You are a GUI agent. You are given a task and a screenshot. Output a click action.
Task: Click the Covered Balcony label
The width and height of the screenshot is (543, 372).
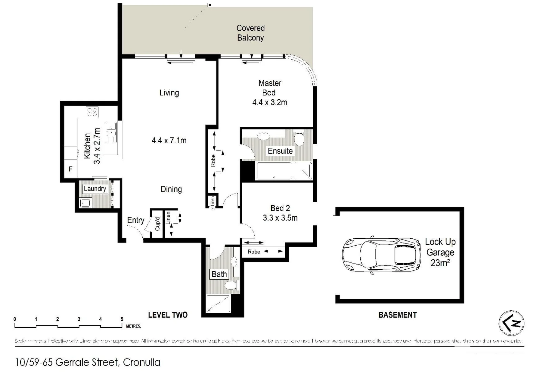tap(251, 33)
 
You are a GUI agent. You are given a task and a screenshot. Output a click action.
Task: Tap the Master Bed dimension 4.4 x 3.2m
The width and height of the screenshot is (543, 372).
tap(270, 102)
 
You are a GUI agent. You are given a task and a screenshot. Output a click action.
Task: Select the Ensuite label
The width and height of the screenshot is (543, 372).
tap(280, 151)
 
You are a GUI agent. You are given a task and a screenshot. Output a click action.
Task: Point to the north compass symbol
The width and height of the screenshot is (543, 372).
tap(511, 323)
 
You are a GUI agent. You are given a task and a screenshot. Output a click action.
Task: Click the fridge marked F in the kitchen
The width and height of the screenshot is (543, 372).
tap(71, 169)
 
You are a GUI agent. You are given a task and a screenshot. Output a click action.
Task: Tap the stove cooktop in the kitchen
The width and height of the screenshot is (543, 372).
tap(92, 112)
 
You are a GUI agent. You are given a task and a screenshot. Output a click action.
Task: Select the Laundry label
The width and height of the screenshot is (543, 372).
tap(95, 189)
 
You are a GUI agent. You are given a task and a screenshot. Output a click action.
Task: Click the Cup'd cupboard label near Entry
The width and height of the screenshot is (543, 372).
tap(158, 224)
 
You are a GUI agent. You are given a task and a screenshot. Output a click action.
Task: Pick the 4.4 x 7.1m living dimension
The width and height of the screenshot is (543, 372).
tap(169, 141)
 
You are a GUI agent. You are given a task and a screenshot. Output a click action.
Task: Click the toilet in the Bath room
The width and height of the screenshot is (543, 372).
tap(230, 285)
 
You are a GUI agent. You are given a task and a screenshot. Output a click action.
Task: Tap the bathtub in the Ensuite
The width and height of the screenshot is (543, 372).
tap(283, 171)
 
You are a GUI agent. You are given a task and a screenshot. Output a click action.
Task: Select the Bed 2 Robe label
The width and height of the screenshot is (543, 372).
tap(254, 252)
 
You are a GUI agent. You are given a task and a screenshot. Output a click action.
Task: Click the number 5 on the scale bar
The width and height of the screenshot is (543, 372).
tap(122, 319)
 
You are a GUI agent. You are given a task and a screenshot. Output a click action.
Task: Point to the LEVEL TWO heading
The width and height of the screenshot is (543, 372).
tap(168, 315)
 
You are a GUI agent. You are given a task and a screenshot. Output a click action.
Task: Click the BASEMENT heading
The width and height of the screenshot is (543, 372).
tap(398, 315)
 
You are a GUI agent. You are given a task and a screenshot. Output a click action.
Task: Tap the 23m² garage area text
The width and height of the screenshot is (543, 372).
tap(440, 263)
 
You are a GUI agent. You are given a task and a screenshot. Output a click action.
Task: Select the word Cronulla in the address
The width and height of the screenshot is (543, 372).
tap(141, 362)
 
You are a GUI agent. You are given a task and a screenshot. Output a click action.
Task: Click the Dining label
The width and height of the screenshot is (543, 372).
tap(171, 189)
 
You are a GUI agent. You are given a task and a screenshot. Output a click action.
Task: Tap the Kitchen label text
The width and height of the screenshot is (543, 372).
tap(87, 146)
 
